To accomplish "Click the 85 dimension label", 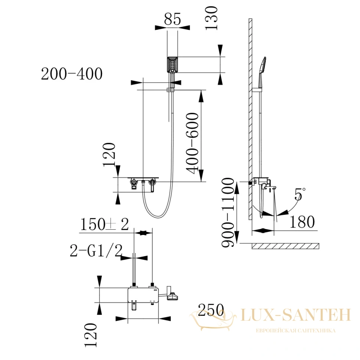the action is [173, 19].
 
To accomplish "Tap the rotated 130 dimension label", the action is [211, 18].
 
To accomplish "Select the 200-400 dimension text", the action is [72, 74].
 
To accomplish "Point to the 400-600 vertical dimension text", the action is [192, 143].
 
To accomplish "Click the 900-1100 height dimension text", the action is [228, 212].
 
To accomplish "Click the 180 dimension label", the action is [302, 222].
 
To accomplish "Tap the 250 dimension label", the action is [211, 310].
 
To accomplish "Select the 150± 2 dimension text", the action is [104, 224].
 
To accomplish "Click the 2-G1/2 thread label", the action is [96, 251].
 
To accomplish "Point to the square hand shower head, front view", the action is [172, 65].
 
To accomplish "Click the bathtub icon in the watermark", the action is [213, 320].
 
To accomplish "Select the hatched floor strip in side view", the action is [286, 246].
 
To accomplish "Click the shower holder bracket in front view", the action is [170, 89].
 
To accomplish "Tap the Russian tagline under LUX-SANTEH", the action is [296, 331].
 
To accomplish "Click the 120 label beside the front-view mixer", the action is [109, 154].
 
